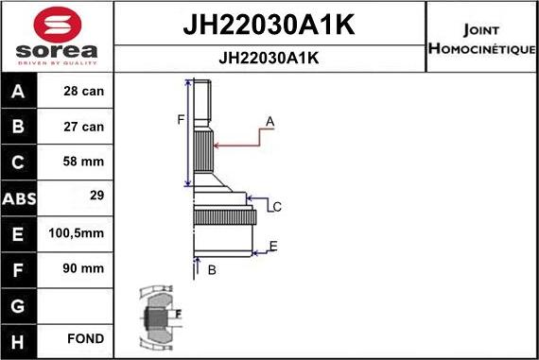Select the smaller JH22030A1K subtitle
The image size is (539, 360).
pyautogui.click(x=269, y=58)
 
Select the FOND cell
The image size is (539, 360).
pyautogui.click(x=85, y=338)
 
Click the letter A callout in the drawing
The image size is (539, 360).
pyautogui.click(x=269, y=122)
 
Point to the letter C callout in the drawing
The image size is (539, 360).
pyautogui.click(x=277, y=206)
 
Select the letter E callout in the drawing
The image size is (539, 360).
pyautogui.click(x=272, y=247)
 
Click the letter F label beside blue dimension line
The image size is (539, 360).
pyautogui.click(x=180, y=119)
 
